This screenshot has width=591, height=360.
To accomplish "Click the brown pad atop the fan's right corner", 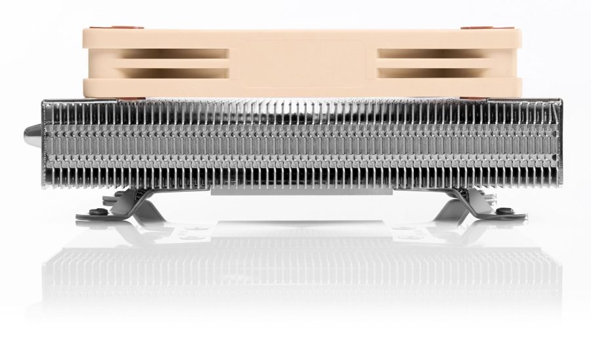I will click(x=471, y=29).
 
